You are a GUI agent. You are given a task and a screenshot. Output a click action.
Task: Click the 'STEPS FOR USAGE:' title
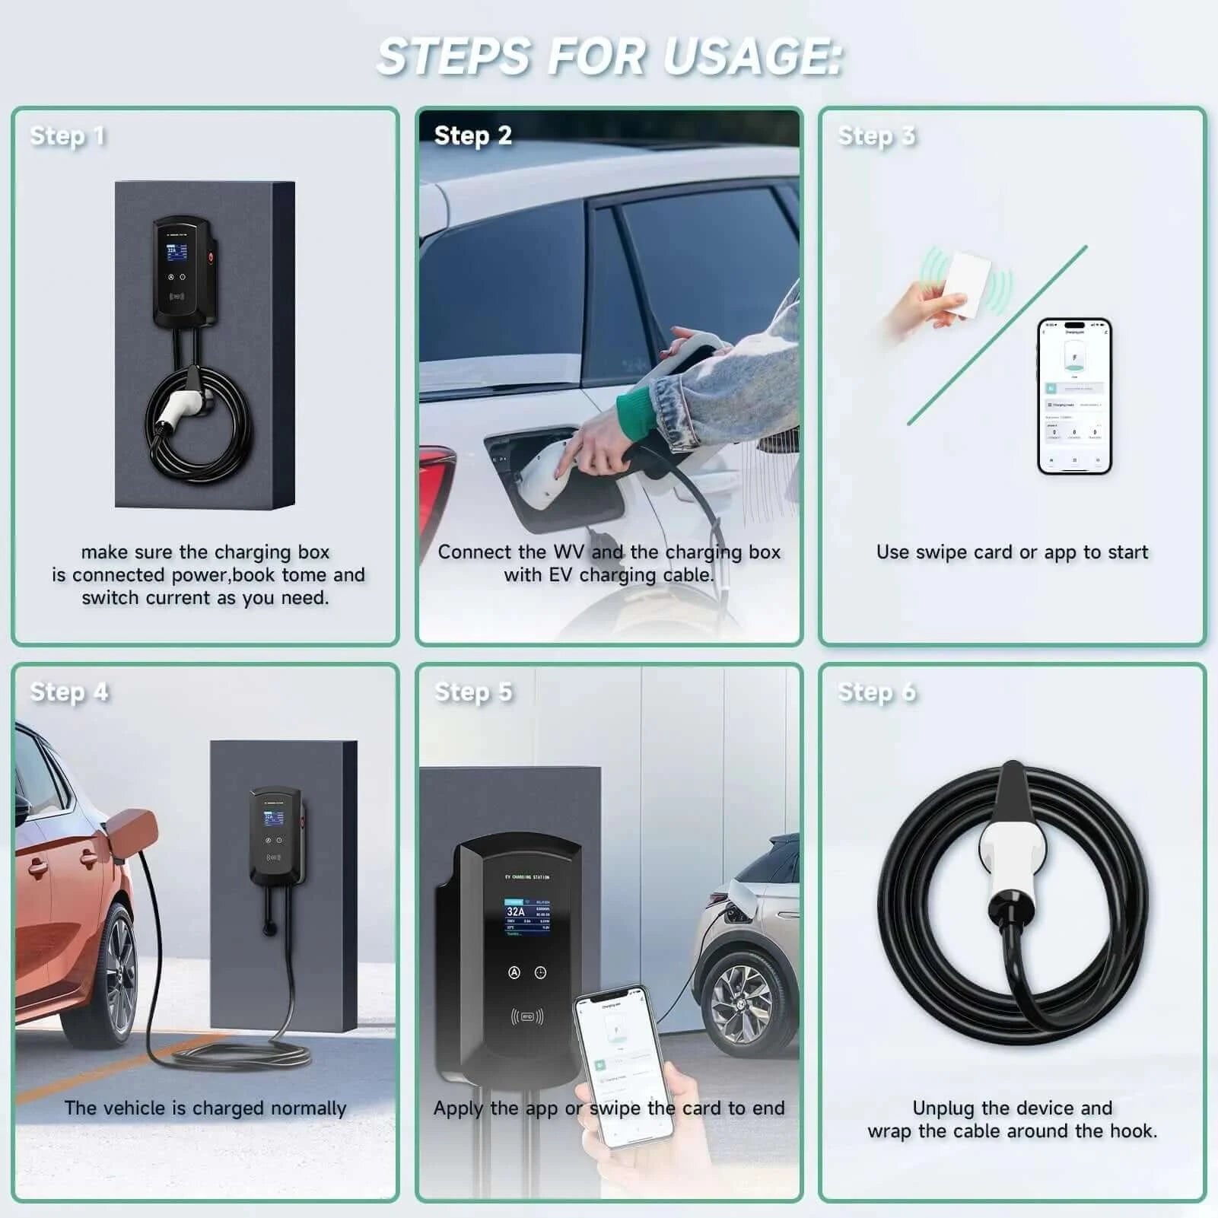click(x=609, y=56)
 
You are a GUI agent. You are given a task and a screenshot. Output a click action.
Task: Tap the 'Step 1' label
click(x=67, y=136)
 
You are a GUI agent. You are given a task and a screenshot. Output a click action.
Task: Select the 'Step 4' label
click(x=68, y=692)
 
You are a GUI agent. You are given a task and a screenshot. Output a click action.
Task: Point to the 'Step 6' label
click(x=876, y=692)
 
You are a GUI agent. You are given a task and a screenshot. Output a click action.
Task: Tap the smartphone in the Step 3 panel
click(x=1074, y=396)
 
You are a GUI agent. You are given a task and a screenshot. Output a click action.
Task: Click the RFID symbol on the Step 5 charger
click(x=527, y=1016)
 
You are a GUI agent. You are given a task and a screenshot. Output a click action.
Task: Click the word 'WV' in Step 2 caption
click(x=568, y=552)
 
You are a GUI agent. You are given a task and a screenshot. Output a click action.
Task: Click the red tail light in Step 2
click(x=440, y=487)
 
